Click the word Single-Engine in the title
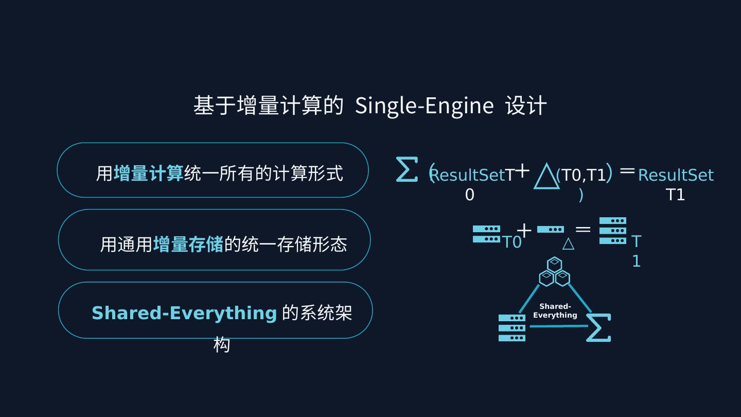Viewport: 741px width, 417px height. point(424,106)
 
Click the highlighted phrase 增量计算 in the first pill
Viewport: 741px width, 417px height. point(148,173)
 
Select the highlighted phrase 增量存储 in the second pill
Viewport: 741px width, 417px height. point(188,244)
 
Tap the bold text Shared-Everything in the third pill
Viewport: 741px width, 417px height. point(184,313)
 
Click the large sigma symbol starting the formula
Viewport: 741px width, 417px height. point(406,169)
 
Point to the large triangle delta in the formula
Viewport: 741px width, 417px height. point(546,176)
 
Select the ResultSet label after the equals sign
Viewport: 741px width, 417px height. point(676,176)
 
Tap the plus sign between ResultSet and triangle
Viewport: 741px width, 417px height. point(522,170)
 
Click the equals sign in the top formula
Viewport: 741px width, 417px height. point(627,170)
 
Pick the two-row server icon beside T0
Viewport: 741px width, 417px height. point(486,234)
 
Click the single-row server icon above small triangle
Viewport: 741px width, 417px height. point(550,230)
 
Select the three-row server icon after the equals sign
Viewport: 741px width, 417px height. point(612,231)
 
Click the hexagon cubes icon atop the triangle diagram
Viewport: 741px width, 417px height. point(554,272)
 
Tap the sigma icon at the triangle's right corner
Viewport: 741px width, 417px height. point(598,328)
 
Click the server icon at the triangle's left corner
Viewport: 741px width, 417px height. point(511,328)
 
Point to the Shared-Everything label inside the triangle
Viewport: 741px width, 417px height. point(555,311)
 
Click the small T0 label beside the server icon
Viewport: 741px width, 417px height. point(511,242)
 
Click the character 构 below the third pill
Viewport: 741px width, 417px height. point(221,344)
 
